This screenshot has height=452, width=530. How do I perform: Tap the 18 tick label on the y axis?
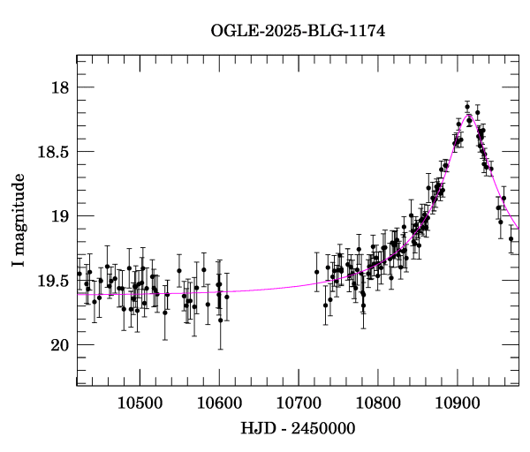(58, 88)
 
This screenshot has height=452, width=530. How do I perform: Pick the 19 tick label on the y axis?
(58, 216)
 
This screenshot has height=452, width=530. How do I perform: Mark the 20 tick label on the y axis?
(58, 344)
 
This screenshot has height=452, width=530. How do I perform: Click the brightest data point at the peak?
(467, 106)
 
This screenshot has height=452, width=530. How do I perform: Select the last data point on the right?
(511, 238)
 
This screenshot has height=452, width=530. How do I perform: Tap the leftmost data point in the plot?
(79, 274)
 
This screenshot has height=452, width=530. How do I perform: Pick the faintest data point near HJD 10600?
(220, 320)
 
